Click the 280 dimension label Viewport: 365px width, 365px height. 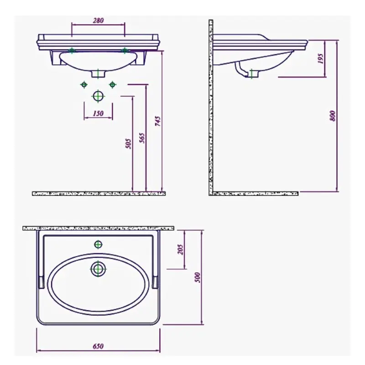click(x=98, y=21)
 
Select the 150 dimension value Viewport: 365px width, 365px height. click(x=98, y=114)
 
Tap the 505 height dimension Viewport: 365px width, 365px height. click(x=128, y=144)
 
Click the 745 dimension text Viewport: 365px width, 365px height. click(x=158, y=121)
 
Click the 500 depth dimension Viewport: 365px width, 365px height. click(x=198, y=277)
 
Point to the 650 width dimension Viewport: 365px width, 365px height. click(x=98, y=346)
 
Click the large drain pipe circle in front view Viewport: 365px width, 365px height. click(x=98, y=96)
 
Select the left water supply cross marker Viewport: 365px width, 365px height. click(x=83, y=84)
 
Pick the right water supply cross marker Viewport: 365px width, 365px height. click(x=112, y=84)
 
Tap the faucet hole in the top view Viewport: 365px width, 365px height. click(x=98, y=244)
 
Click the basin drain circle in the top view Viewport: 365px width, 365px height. click(x=98, y=269)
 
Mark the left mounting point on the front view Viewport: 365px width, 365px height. click(x=71, y=50)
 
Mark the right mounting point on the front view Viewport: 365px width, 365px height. click(x=124, y=50)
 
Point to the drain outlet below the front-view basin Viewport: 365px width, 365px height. click(x=98, y=73)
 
